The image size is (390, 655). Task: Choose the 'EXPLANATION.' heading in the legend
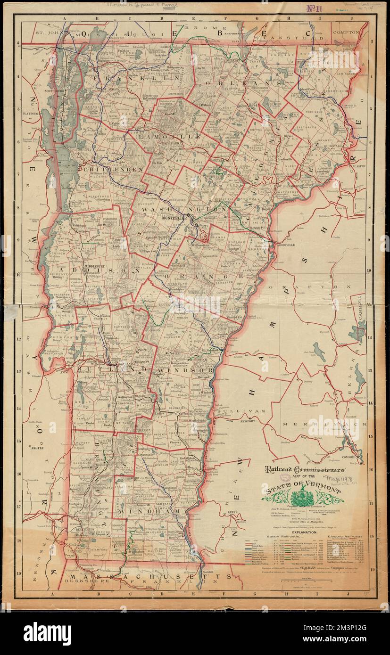[x=307, y=531]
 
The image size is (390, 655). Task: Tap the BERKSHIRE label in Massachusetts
[x=85, y=582]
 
